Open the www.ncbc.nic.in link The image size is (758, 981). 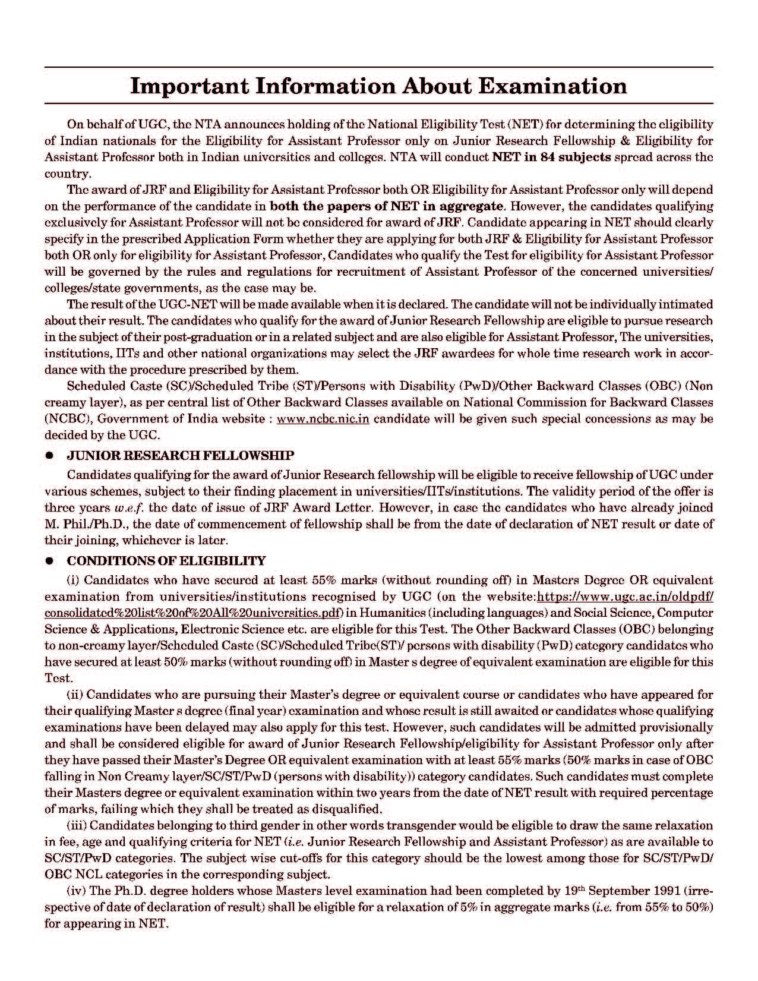pos(323,418)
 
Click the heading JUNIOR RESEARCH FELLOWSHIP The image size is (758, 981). pos(181,456)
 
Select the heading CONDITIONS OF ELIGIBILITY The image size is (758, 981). pos(166,561)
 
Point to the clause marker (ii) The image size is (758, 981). pos(75,695)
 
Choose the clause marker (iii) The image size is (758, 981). pos(77,826)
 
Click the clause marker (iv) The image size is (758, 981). pos(77,891)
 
